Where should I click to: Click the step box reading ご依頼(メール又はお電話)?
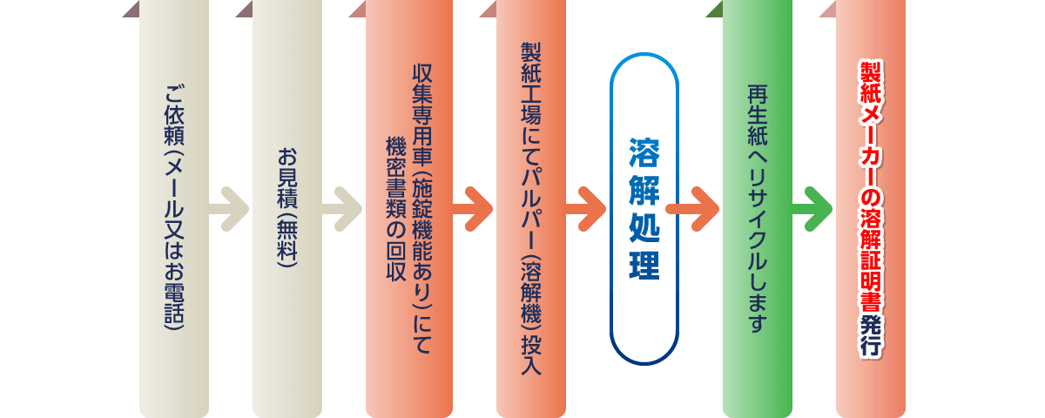tap(174, 209)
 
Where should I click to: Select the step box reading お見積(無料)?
tap(287, 209)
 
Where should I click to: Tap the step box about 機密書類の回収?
tap(409, 209)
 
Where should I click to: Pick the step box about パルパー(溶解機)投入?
tap(531, 209)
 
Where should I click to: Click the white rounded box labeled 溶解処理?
tap(644, 209)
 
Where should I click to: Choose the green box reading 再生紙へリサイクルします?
tap(758, 209)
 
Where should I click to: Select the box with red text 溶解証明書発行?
tap(871, 209)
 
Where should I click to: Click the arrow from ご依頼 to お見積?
tap(230, 208)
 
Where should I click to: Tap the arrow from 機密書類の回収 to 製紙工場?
tap(473, 208)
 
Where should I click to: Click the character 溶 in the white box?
tap(644, 150)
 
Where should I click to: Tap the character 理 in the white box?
tap(644, 266)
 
